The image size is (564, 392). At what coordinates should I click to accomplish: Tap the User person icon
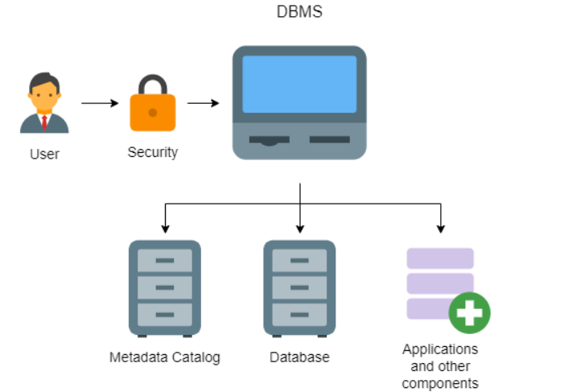click(x=44, y=103)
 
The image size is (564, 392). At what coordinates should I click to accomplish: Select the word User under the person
click(x=44, y=154)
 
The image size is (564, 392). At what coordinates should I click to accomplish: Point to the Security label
click(x=152, y=152)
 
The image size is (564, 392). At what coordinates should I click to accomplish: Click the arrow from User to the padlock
click(x=100, y=103)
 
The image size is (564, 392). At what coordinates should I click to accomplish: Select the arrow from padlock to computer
click(x=204, y=103)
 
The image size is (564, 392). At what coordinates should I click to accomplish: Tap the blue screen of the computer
click(x=299, y=84)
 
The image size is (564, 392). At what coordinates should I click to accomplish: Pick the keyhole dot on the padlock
click(x=152, y=113)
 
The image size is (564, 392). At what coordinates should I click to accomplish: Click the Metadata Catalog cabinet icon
click(x=164, y=288)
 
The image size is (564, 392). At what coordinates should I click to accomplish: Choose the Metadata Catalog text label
click(x=164, y=357)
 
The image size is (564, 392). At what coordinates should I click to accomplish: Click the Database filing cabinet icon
click(x=299, y=288)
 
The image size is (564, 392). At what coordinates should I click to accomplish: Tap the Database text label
click(x=299, y=357)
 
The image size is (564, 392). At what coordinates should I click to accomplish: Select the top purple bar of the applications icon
click(x=439, y=258)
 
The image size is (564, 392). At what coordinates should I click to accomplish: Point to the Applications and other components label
click(x=439, y=366)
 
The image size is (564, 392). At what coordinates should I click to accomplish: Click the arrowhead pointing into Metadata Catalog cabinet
click(x=165, y=229)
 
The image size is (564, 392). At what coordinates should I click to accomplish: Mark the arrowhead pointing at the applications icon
click(x=440, y=229)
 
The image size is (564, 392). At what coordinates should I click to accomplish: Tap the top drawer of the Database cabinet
click(x=299, y=261)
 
